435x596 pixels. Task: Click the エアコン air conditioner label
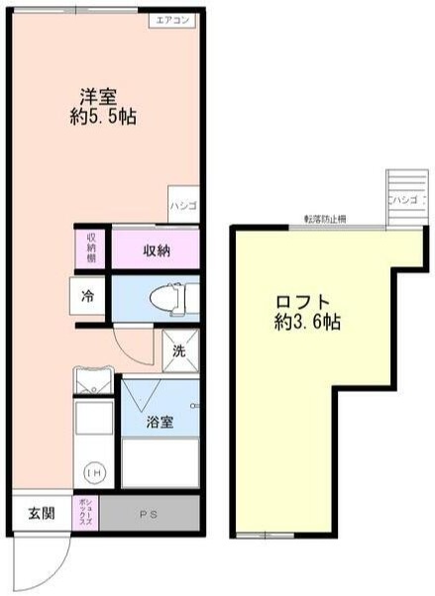click(x=174, y=20)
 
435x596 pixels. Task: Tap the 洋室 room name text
click(x=99, y=97)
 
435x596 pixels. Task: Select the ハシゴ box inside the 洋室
click(x=182, y=206)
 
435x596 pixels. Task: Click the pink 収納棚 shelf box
click(x=90, y=248)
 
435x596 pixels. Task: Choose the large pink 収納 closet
click(x=156, y=250)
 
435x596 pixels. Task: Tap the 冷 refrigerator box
click(x=89, y=295)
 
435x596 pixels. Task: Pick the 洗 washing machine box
click(x=179, y=349)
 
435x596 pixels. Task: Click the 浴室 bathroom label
click(x=160, y=423)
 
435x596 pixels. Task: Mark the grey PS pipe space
click(x=148, y=514)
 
